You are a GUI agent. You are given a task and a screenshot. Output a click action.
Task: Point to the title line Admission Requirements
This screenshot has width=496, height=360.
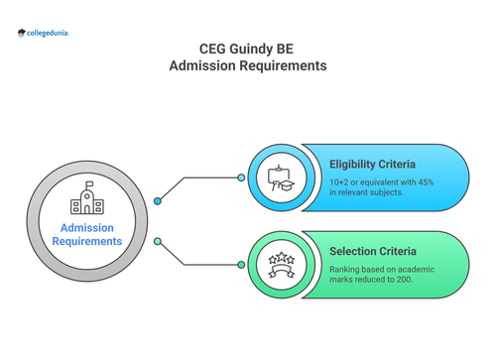click(x=247, y=66)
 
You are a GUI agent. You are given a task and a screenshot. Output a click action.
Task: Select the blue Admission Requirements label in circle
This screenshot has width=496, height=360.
click(x=88, y=234)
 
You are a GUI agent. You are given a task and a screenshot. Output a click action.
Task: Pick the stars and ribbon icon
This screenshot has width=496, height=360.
click(x=281, y=265)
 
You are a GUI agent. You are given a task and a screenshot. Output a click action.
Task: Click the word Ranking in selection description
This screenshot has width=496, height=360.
click(x=346, y=269)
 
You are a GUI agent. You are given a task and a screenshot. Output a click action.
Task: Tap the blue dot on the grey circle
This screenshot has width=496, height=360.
click(x=157, y=201)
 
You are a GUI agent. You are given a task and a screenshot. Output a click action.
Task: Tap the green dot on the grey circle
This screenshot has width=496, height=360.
click(x=157, y=241)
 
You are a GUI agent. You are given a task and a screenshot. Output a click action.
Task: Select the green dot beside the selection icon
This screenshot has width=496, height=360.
click(x=241, y=265)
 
